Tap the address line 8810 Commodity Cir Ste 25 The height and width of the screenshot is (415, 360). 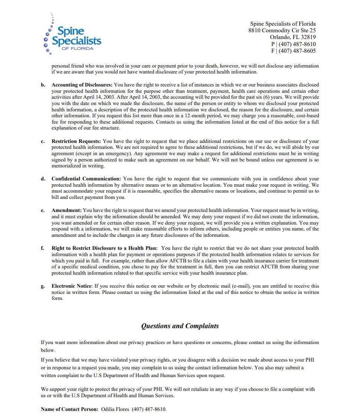click(282, 30)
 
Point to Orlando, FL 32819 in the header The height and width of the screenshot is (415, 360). click(292, 37)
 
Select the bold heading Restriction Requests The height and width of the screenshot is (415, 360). click(76, 141)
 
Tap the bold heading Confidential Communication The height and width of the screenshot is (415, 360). click(86, 179)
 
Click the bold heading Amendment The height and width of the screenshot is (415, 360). click(66, 210)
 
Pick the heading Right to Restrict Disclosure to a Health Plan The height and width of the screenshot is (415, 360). click(104, 248)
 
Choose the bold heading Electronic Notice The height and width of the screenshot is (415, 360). click(71, 286)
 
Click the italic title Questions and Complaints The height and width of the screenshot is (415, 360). click(180, 326)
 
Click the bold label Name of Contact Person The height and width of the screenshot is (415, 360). click(69, 409)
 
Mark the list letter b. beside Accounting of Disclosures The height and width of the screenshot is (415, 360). click(43, 85)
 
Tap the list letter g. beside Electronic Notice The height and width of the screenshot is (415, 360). click(43, 286)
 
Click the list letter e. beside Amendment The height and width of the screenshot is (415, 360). click(43, 210)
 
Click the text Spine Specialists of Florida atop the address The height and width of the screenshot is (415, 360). click(283, 24)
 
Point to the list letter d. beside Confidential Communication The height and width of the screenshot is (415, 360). click(43, 179)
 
